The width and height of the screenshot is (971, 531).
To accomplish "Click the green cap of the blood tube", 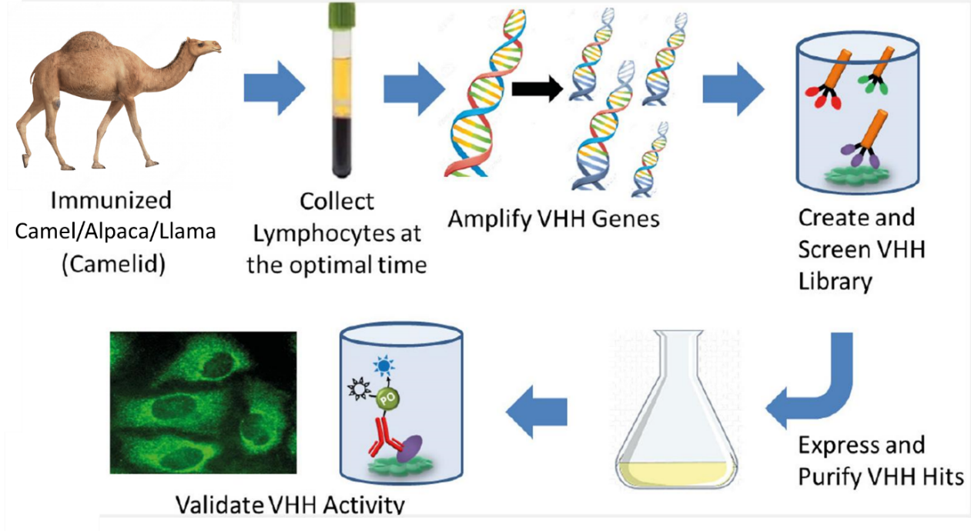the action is click(x=343, y=15).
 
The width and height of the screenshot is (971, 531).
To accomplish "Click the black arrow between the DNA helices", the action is click(x=537, y=88).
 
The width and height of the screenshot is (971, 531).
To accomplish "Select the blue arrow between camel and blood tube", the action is click(x=274, y=88).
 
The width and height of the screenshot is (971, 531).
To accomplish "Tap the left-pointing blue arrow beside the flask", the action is click(x=536, y=411).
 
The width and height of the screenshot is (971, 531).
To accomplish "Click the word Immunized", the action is click(x=111, y=201).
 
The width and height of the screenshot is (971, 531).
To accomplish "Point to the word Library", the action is click(x=835, y=282).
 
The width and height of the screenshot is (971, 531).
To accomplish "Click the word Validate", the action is click(x=219, y=504).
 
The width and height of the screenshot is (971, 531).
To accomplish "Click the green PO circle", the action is click(x=387, y=399).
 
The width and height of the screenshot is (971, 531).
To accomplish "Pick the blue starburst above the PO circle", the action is click(x=383, y=366).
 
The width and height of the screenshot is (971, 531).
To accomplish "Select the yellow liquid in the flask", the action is click(x=676, y=473).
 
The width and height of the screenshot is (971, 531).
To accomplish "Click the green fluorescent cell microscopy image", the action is click(x=203, y=402).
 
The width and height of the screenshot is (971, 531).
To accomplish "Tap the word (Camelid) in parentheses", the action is click(x=113, y=264).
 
